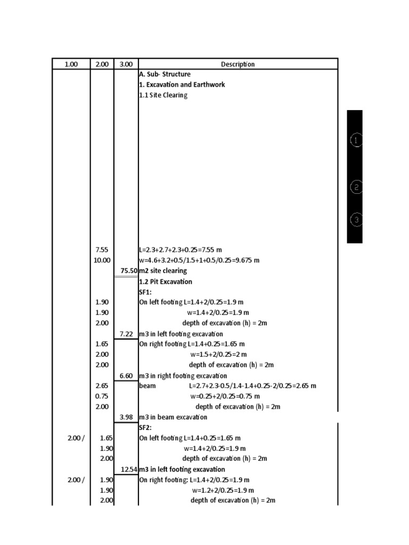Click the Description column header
238,64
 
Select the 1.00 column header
71,64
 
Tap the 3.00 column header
126,64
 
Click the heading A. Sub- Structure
164,75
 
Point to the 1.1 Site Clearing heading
163,95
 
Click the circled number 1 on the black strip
356,141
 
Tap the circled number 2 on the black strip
356,187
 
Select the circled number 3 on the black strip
356,219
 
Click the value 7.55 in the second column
102,250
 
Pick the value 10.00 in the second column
102,260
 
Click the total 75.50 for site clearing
129,271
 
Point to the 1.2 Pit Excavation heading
165,282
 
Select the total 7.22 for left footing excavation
126,334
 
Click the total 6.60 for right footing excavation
126,376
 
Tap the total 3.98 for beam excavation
126,417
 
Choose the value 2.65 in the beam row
102,386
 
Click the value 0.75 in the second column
102,397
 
